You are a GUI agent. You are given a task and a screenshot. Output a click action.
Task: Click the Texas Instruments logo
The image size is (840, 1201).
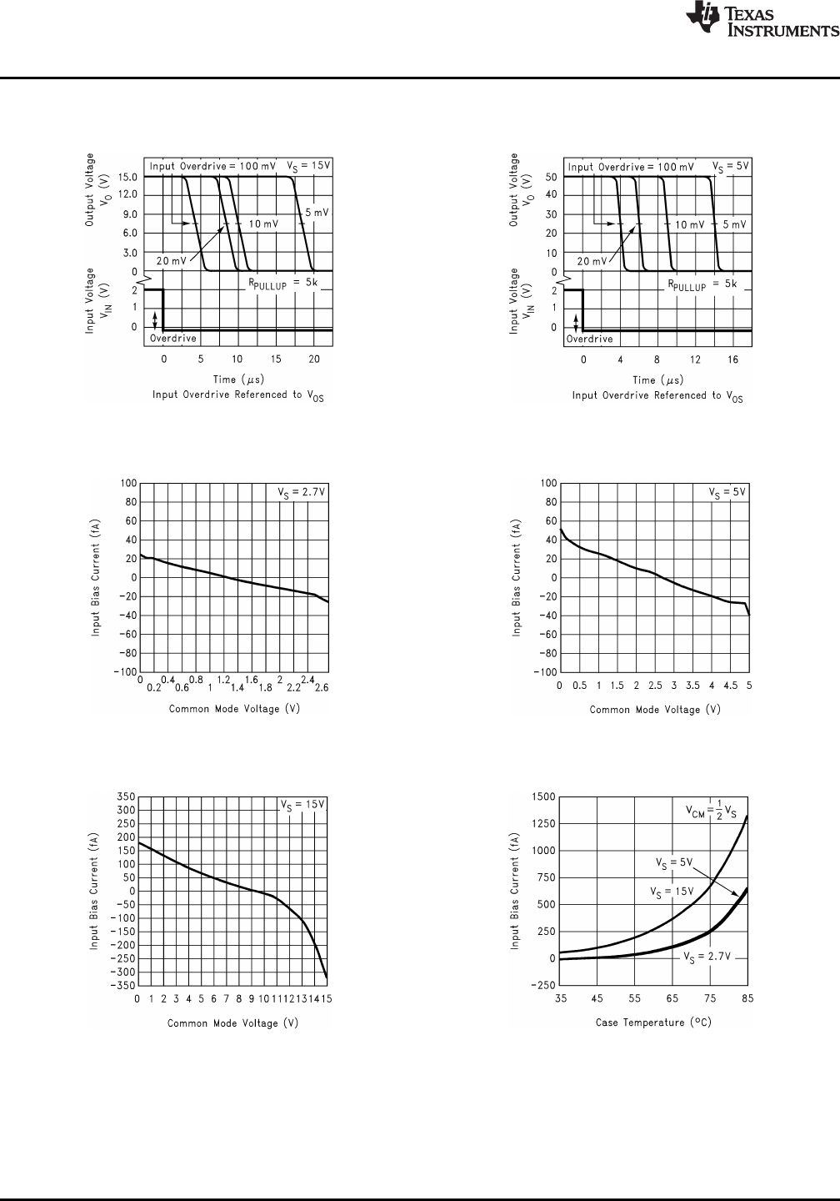tap(761, 21)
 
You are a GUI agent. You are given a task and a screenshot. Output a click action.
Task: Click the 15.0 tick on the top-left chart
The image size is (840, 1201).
tap(127, 177)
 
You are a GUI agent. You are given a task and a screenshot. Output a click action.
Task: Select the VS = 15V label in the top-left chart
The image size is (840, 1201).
tap(308, 165)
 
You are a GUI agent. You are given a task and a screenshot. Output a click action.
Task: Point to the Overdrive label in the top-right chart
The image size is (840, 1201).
tap(590, 339)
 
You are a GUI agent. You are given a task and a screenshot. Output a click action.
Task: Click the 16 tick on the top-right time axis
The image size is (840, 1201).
tap(732, 359)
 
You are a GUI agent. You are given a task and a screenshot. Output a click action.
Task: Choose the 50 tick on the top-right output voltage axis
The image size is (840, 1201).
tap(550, 177)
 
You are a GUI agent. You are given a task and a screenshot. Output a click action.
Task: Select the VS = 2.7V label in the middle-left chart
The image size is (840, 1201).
tap(301, 492)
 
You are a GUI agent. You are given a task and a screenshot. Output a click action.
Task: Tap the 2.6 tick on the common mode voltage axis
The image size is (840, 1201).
tap(320, 688)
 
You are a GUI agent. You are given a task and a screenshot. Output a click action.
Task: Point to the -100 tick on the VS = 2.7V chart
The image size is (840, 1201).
tap(125, 672)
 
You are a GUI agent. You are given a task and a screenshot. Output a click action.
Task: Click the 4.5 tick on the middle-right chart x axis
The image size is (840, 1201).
tap(730, 686)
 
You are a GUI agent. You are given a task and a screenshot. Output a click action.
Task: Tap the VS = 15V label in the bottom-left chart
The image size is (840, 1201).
tap(302, 805)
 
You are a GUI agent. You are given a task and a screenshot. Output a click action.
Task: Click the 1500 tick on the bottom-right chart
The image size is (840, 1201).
tap(543, 796)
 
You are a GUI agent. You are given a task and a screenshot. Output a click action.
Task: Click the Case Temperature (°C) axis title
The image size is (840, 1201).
tap(653, 1023)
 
